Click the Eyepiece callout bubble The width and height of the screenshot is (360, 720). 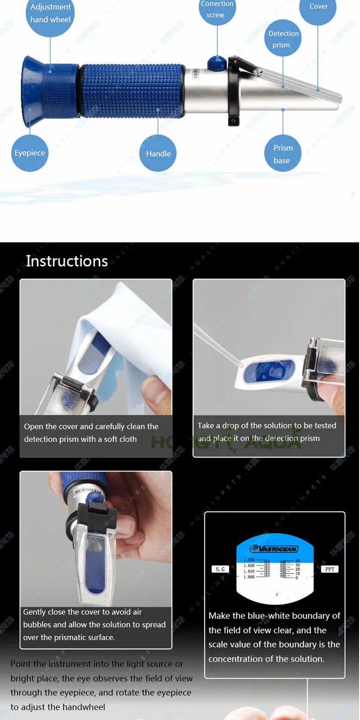(30, 153)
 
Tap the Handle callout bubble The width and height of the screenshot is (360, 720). (158, 153)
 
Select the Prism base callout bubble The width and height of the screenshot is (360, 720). (283, 154)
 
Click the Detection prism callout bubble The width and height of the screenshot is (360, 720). (283, 39)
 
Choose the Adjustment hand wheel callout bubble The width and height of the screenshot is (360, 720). (50, 14)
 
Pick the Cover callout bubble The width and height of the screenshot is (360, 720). (318, 8)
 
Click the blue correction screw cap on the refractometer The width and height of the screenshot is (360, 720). (217, 63)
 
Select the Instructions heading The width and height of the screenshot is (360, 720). (67, 261)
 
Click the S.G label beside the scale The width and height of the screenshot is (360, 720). (220, 569)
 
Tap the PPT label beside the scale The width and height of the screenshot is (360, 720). (330, 569)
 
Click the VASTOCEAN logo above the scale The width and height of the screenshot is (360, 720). (274, 549)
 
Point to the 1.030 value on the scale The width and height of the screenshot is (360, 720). (249, 560)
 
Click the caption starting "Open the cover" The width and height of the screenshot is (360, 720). (91, 432)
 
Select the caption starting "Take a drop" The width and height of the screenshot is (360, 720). (267, 432)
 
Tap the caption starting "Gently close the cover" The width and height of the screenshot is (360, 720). (94, 625)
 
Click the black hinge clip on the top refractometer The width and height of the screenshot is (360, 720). (234, 90)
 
